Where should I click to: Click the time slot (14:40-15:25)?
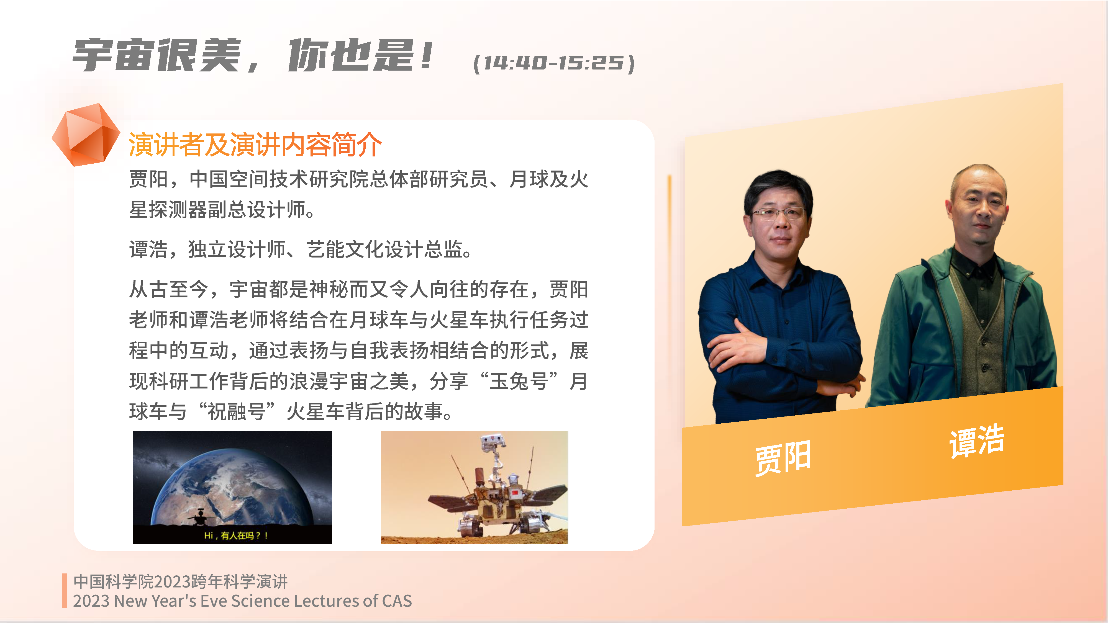click(x=554, y=63)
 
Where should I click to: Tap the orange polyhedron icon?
click(x=86, y=135)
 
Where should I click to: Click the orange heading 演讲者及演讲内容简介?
click(x=255, y=145)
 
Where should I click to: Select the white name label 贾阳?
click(x=783, y=458)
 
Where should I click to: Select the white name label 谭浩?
click(x=977, y=441)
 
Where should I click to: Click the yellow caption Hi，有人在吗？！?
click(x=236, y=535)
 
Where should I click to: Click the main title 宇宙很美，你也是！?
click(x=253, y=55)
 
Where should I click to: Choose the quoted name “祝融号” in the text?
click(x=237, y=411)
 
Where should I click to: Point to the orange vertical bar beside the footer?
click(x=65, y=591)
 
